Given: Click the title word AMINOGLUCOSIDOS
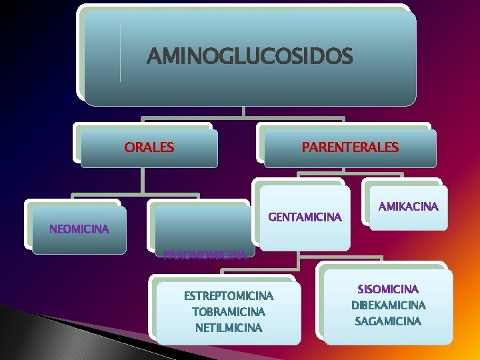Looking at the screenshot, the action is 249,57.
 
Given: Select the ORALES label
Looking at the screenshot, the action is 149,147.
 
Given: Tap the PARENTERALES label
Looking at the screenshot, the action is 350,147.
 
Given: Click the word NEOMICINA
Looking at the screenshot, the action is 79,229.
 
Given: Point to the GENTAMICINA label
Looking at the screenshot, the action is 305,217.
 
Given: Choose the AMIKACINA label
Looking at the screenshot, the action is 408,207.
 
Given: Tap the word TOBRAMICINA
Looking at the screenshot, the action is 229,311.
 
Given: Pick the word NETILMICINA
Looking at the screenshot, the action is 229,327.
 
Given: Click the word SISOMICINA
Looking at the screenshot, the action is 388,289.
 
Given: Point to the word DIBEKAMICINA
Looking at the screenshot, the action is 388,305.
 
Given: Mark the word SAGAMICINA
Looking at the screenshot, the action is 388,321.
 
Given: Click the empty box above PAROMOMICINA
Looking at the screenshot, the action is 201,224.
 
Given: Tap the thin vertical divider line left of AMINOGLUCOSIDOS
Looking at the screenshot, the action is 121,47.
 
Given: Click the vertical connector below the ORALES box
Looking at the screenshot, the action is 142,181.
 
